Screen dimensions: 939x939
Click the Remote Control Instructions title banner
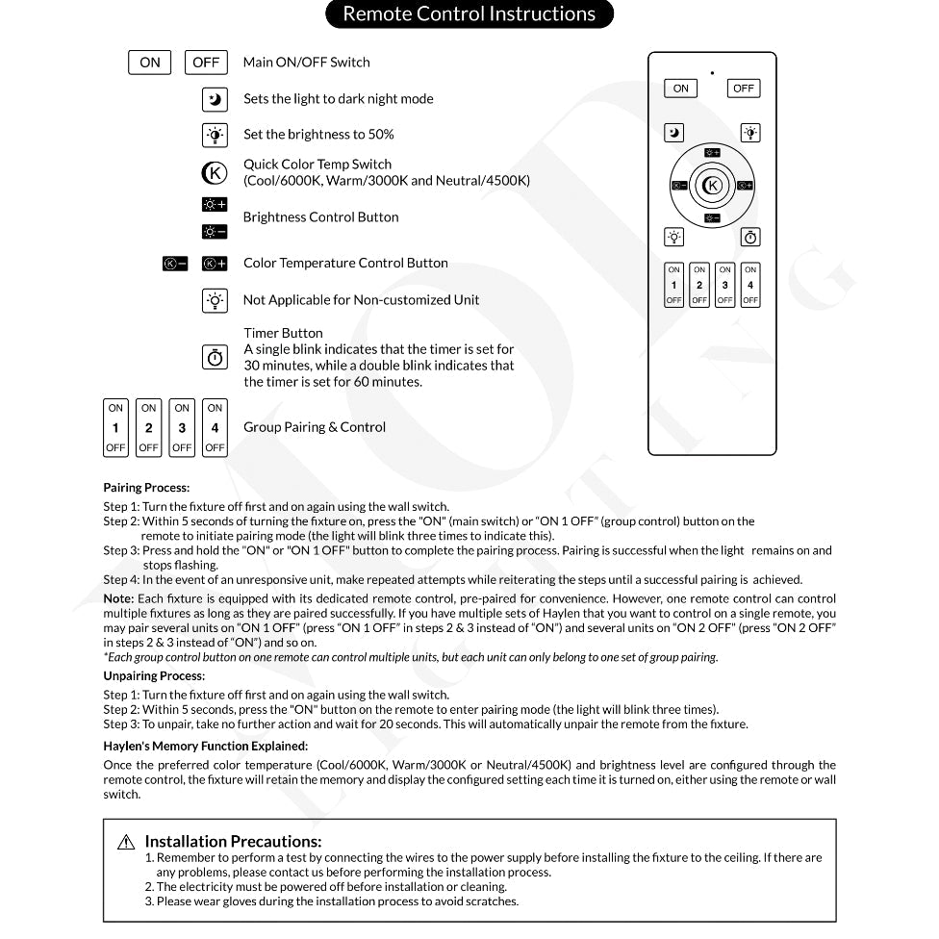click(x=469, y=14)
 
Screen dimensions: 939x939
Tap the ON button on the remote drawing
click(x=681, y=89)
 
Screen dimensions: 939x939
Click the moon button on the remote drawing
click(x=675, y=133)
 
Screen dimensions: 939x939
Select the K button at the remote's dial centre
click(x=712, y=186)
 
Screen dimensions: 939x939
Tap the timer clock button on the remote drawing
click(x=750, y=237)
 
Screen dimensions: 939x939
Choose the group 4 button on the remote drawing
click(x=750, y=285)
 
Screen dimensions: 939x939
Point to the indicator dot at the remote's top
click(x=712, y=72)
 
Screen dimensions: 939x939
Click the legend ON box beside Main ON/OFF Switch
click(x=150, y=63)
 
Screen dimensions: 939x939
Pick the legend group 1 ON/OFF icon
click(x=115, y=427)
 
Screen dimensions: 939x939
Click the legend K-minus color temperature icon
click(x=175, y=264)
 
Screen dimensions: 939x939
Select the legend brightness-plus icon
click(x=215, y=204)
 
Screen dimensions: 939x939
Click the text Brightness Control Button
click(x=320, y=217)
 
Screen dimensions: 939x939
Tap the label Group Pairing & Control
click(x=315, y=427)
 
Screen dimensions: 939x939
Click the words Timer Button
click(x=283, y=333)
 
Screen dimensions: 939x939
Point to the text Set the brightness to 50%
click(x=318, y=135)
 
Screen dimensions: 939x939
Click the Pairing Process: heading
click(x=146, y=488)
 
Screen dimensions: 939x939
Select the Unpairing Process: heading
click(x=154, y=675)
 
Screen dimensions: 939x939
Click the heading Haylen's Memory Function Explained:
click(x=206, y=746)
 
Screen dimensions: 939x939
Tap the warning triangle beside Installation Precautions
click(x=126, y=843)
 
